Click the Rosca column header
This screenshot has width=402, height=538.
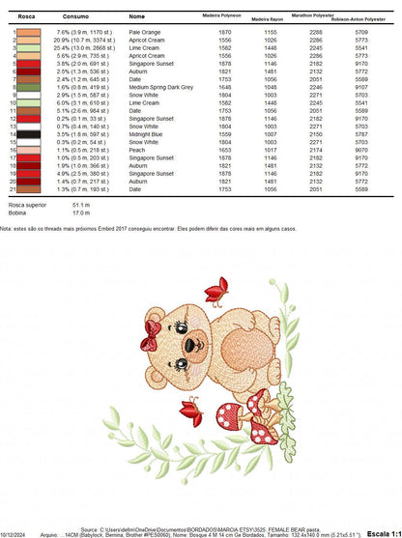[27, 16]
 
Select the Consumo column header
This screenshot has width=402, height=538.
[75, 16]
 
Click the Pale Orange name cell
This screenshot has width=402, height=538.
[145, 32]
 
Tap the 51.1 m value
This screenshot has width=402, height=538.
[80, 205]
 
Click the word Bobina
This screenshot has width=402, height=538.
[17, 212]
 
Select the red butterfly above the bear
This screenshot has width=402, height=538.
[221, 290]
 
